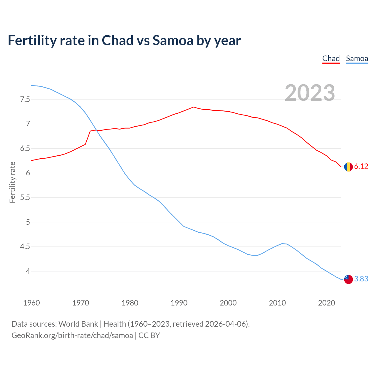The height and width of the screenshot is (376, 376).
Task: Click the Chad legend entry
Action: click(x=331, y=58)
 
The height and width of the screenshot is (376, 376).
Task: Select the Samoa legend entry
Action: click(x=357, y=58)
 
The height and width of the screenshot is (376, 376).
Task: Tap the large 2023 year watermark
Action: click(x=310, y=93)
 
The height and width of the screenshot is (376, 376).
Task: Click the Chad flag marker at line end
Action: click(x=348, y=167)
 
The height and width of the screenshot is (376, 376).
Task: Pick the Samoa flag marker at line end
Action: click(x=348, y=279)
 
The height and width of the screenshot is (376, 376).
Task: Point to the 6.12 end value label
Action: click(x=361, y=167)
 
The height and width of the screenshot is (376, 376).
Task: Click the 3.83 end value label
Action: click(x=361, y=279)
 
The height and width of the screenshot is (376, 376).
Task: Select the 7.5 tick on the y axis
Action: click(x=25, y=100)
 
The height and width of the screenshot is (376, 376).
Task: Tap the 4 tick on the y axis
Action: click(x=28, y=271)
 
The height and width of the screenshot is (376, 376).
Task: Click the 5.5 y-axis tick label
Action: click(x=25, y=198)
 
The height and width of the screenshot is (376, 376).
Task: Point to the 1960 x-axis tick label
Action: click(x=31, y=303)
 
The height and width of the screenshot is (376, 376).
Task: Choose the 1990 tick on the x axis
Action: click(x=179, y=303)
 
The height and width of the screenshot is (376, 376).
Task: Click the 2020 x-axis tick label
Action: click(x=326, y=303)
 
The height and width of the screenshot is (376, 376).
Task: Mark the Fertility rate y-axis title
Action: click(x=12, y=182)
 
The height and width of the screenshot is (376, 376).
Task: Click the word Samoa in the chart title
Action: click(x=173, y=41)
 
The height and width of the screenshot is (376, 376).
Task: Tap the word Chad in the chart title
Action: click(x=117, y=41)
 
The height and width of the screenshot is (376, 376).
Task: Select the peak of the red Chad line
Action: click(x=193, y=107)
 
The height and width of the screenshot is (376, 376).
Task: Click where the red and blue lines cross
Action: click(x=96, y=130)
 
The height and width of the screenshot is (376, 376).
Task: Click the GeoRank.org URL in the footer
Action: click(x=72, y=335)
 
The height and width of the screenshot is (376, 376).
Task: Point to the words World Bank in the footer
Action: click(x=78, y=324)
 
